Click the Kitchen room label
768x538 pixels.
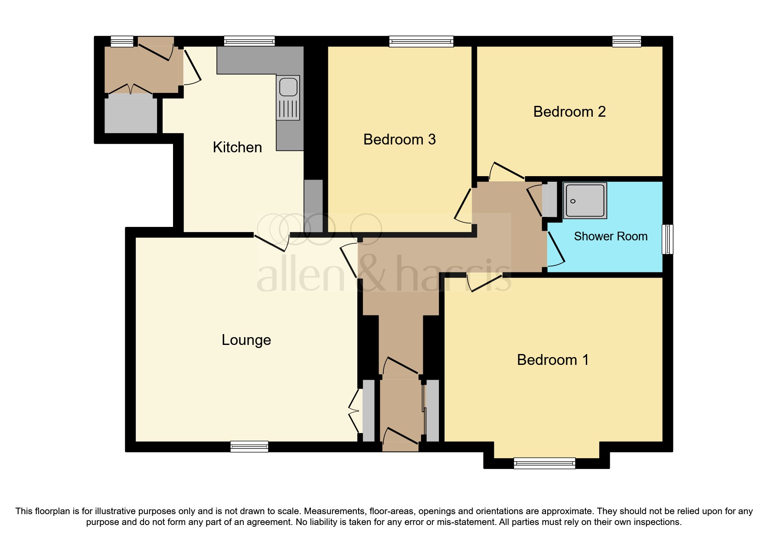[237, 148]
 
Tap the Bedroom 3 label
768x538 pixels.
[399, 140]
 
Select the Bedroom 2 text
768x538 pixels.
[569, 112]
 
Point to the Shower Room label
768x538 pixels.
[610, 236]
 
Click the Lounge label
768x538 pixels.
[246, 340]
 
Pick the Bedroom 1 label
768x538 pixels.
[552, 360]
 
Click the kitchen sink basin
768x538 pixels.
[288, 87]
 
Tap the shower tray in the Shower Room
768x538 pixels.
[585, 200]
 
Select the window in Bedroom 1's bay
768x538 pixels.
[544, 463]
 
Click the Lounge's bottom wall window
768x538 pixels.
[249, 446]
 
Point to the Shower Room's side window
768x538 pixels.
[667, 239]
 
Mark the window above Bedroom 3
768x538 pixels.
[421, 42]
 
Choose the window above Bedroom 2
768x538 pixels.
[626, 42]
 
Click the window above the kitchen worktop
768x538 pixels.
[249, 42]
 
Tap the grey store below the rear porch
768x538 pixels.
[131, 114]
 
